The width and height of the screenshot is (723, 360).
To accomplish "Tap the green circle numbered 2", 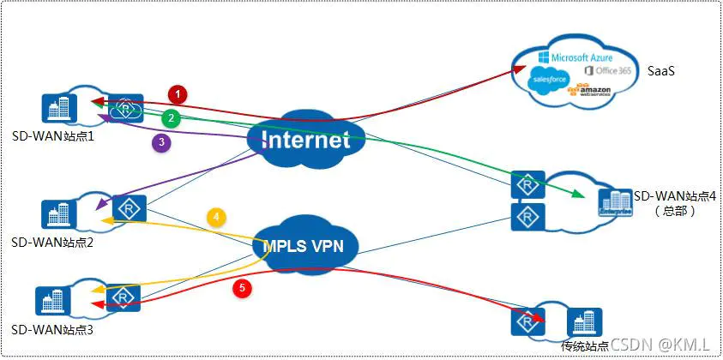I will tap(172, 117).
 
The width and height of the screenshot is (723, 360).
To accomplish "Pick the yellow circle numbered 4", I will tap(217, 218).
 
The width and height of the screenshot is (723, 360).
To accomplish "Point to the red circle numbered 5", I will tap(243, 289).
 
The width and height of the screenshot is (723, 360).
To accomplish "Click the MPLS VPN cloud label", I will tap(304, 244).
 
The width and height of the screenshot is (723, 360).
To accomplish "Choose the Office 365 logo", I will tap(607, 70).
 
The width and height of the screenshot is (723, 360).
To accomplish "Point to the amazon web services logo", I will tap(593, 92).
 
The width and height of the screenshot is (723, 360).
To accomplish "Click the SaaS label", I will tap(660, 70).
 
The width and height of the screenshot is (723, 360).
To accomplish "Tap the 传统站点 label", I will tap(585, 345).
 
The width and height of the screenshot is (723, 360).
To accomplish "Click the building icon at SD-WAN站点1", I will tap(58, 107).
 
